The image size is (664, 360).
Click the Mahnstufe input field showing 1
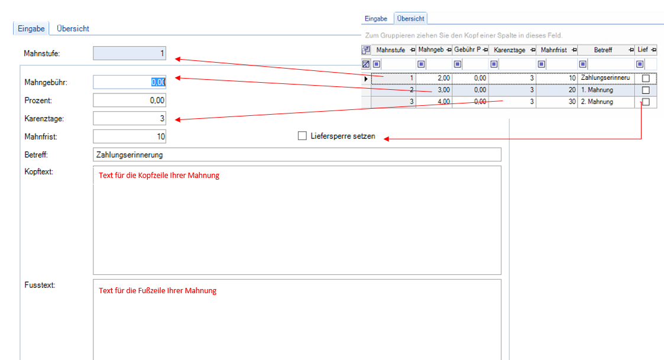pos(129,53)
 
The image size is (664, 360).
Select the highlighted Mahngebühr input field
pos(129,82)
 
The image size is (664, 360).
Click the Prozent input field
pos(129,100)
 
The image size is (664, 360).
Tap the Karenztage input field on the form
pos(129,119)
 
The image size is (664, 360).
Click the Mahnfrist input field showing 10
pos(129,137)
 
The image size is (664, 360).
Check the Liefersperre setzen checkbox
pos(302,136)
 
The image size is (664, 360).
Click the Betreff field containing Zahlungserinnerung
pos(297,155)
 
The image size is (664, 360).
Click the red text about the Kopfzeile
pos(159,176)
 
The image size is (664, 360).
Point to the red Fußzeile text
pos(157,290)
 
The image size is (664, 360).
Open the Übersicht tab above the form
pos(73,29)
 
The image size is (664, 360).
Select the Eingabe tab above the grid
pos(376,19)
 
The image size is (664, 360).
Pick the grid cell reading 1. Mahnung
pos(607,90)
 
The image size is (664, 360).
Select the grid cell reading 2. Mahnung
pos(607,102)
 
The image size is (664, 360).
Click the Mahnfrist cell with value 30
pos(557,102)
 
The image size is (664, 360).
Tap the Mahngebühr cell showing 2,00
pos(434,78)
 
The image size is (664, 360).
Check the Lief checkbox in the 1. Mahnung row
pos(646,90)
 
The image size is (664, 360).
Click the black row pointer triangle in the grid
pos(366,79)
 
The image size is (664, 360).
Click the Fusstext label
pos(40,285)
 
